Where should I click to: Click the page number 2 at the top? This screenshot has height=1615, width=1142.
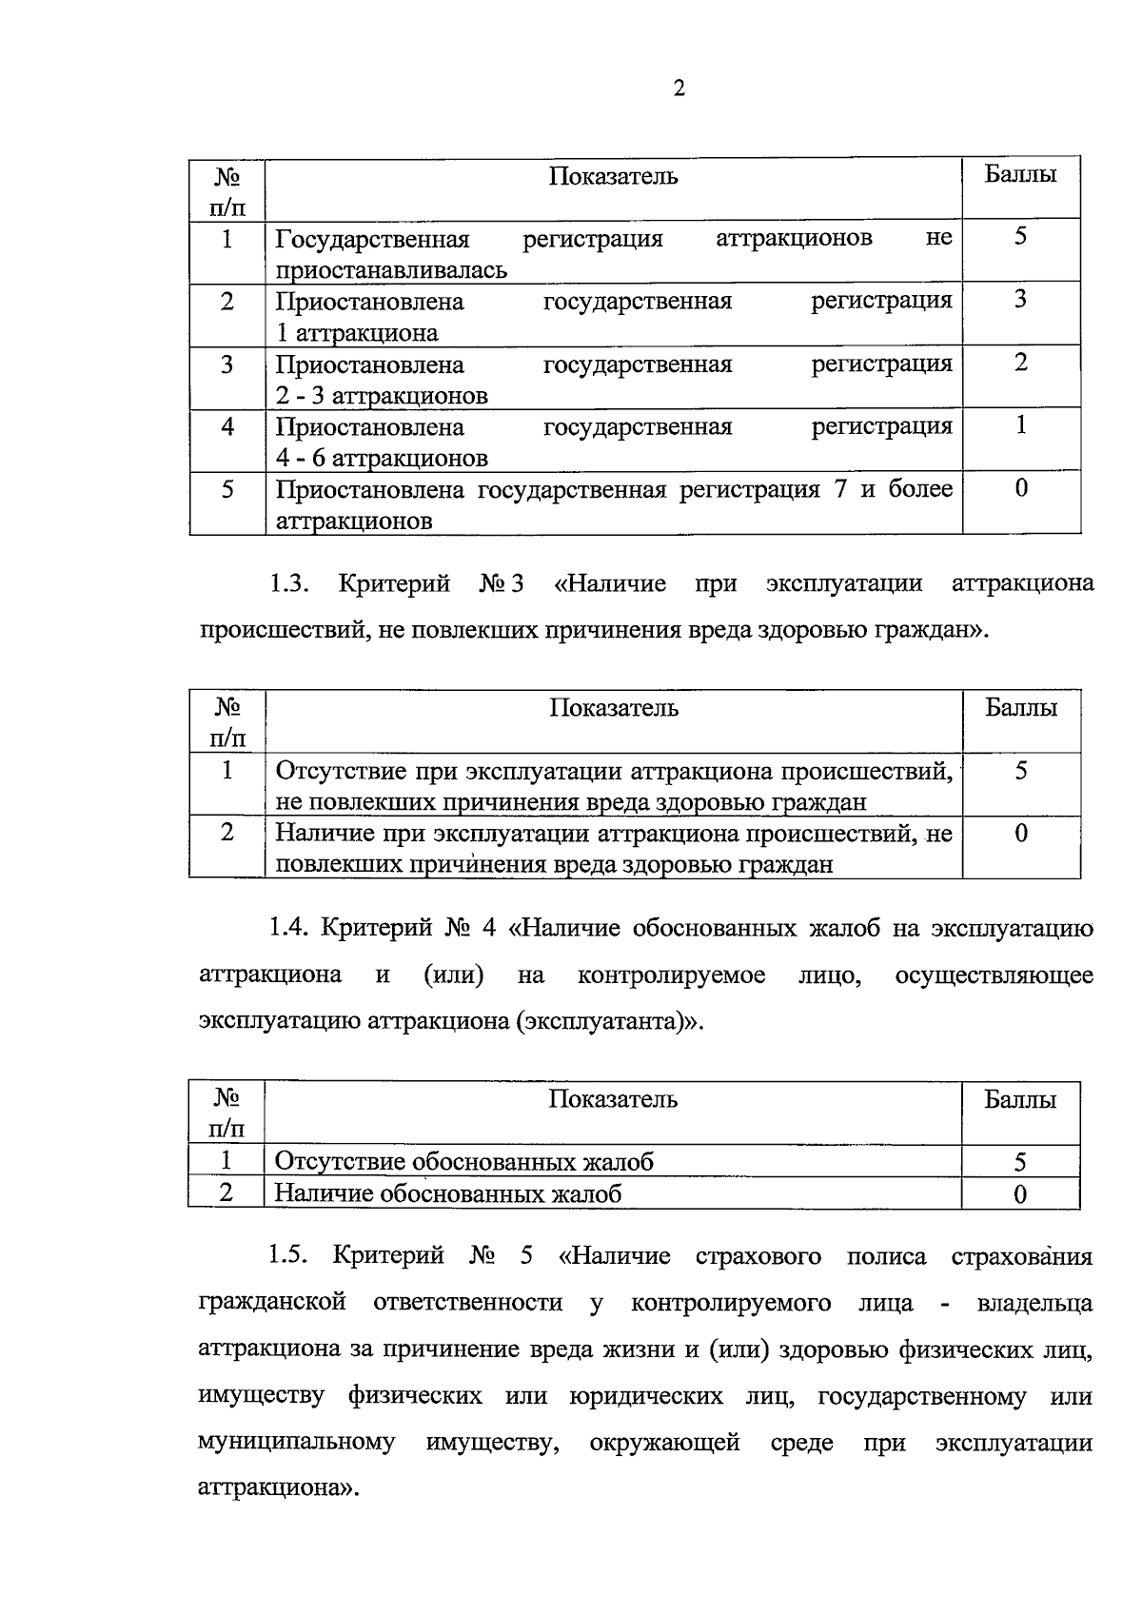(679, 89)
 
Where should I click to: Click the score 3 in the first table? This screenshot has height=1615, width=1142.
(1020, 300)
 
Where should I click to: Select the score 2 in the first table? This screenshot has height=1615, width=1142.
(1020, 363)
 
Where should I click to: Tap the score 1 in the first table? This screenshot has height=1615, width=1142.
(1020, 425)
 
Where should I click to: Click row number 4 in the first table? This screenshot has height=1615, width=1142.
(227, 426)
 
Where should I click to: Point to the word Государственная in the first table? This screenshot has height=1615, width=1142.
(372, 238)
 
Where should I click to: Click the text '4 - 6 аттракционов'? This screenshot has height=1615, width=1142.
(382, 458)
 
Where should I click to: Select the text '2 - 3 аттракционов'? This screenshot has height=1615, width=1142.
(382, 395)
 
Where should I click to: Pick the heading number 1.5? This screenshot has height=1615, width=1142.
(288, 1255)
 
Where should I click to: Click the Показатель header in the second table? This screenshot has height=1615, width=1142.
(613, 708)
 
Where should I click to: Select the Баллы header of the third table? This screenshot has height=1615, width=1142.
(1020, 1100)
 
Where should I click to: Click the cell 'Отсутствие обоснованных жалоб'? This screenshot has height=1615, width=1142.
(464, 1161)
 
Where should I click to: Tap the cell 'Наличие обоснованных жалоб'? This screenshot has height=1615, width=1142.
(448, 1193)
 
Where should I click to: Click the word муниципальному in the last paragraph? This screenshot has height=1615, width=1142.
(296, 1442)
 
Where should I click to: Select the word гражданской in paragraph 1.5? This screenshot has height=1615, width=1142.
(272, 1302)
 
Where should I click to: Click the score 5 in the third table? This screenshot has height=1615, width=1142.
(1020, 1162)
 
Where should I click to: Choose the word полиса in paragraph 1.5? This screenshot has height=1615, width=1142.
(886, 1255)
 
